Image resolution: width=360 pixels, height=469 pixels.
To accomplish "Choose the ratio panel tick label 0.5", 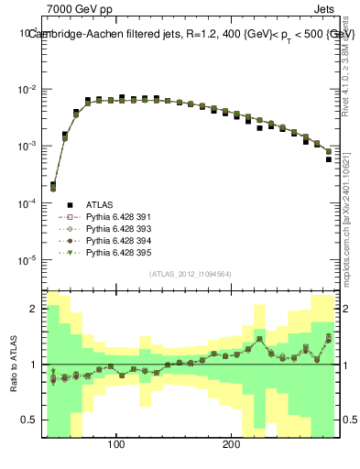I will pos(27,420).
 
